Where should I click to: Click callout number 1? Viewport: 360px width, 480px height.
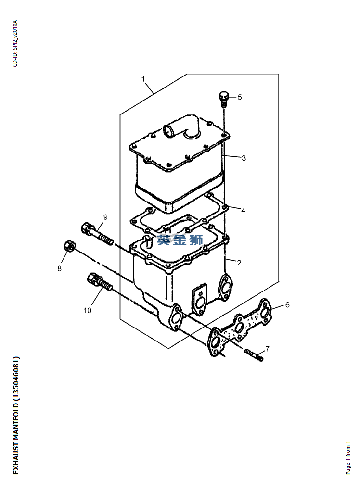[143, 79]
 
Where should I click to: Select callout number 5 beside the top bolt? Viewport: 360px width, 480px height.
[240, 97]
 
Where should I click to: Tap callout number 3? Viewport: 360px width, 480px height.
[244, 158]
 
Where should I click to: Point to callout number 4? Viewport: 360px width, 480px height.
[243, 210]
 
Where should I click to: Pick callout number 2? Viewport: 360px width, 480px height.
[239, 263]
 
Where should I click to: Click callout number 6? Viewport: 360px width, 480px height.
[287, 304]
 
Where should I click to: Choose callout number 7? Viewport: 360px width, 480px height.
[267, 349]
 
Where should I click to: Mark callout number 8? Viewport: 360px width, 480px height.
[59, 268]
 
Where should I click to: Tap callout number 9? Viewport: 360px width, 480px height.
[105, 217]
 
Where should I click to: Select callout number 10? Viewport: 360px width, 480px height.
[87, 310]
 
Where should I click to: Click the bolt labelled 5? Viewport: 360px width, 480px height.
[224, 98]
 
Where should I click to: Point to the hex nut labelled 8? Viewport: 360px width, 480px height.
[70, 246]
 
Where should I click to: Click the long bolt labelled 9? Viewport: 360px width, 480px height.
[97, 234]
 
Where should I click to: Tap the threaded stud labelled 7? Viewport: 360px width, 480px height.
[254, 354]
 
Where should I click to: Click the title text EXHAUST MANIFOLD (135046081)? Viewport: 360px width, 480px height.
[16, 416]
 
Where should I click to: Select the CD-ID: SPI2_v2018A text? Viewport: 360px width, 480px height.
[15, 44]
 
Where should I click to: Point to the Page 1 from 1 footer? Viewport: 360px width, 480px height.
[348, 458]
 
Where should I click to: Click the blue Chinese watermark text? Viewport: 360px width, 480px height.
[180, 240]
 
